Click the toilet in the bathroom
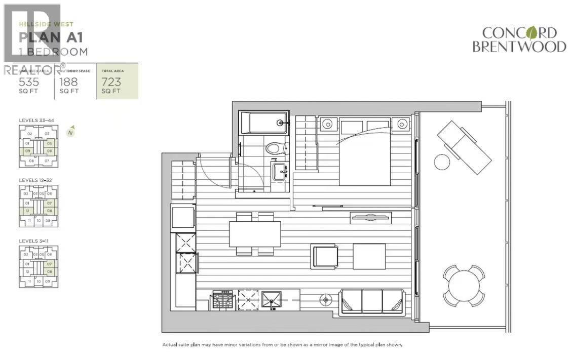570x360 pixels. pos(274,148)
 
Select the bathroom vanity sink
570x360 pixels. pos(278,172)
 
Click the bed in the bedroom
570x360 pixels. pos(365,154)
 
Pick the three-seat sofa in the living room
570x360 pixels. pos(372,301)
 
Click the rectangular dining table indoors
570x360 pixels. pos(255,234)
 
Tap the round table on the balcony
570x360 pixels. pos(463,285)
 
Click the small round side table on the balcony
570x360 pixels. pos(442,162)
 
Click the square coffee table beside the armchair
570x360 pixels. pos(369,256)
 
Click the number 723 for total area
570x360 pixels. pos(111,82)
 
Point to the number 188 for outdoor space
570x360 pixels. pos(69,82)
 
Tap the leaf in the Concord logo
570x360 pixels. pos(531,33)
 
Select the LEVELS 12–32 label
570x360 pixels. pos(35,180)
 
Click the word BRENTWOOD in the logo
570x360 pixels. pos(519,47)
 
